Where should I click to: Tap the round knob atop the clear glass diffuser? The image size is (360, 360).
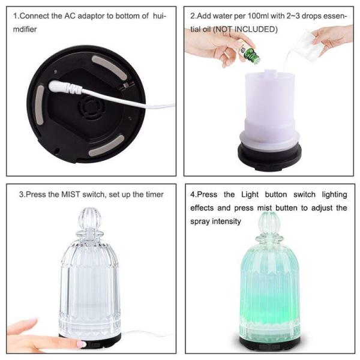pos(90,220)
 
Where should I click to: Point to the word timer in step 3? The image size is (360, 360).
pos(152,194)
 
